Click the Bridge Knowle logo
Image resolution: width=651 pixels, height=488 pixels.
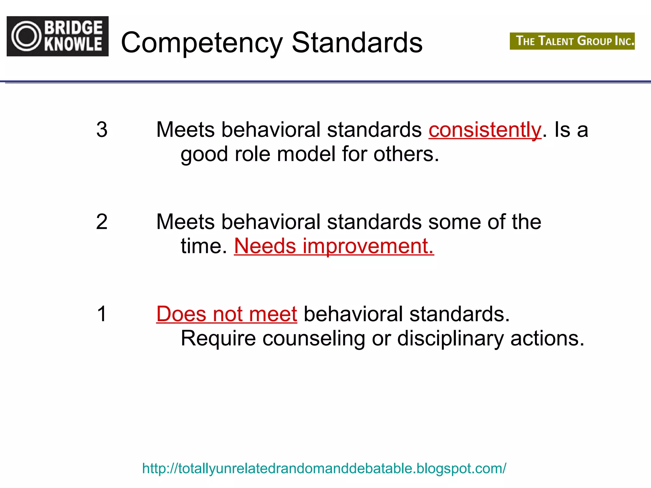click(58, 36)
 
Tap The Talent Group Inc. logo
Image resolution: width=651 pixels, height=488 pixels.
click(572, 41)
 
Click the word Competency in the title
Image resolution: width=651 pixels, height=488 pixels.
click(202, 43)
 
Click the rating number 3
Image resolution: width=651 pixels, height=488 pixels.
click(102, 130)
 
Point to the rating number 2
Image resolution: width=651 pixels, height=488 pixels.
click(102, 221)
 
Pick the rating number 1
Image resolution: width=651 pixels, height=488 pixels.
click(102, 314)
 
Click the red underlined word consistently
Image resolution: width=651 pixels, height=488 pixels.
click(485, 130)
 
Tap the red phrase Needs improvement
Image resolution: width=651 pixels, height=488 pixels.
click(334, 246)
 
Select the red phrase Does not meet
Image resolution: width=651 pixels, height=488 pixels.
click(227, 314)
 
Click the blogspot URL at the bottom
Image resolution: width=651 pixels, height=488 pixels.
click(324, 468)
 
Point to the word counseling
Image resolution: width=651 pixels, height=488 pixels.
click(313, 339)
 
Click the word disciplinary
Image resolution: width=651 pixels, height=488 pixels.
click(450, 339)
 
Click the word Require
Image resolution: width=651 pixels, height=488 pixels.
click(218, 338)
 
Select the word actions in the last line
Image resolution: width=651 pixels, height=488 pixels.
click(547, 338)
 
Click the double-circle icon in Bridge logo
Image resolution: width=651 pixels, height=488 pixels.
click(27, 36)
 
